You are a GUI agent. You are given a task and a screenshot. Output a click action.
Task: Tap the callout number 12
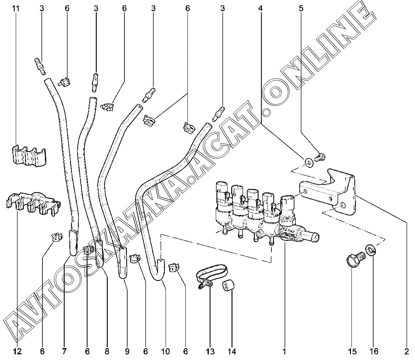pos(18,351)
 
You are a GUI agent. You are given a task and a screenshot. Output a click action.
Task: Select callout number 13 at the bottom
pos(210,351)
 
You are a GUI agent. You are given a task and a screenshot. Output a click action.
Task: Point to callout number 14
pos(232,351)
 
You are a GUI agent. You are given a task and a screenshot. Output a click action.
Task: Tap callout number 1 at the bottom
pos(285,351)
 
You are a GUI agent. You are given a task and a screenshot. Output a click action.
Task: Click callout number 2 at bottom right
pos(407,351)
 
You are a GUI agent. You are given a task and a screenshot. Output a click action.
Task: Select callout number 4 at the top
pos(260,8)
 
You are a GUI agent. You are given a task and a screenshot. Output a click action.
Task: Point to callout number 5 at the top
pos(301,8)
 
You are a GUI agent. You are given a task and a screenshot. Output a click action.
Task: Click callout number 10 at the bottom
pos(165,351)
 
